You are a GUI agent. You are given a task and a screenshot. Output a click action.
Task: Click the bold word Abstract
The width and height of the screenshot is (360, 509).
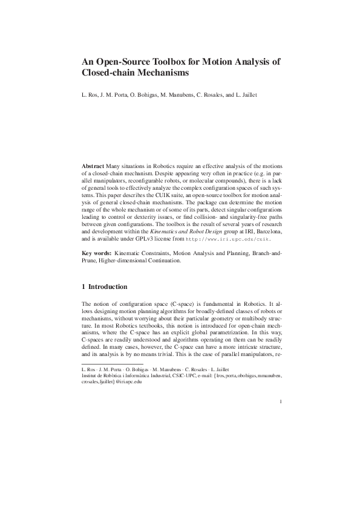click(93, 166)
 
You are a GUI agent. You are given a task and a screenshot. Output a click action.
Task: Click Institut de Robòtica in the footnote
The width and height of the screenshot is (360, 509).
click(102, 375)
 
